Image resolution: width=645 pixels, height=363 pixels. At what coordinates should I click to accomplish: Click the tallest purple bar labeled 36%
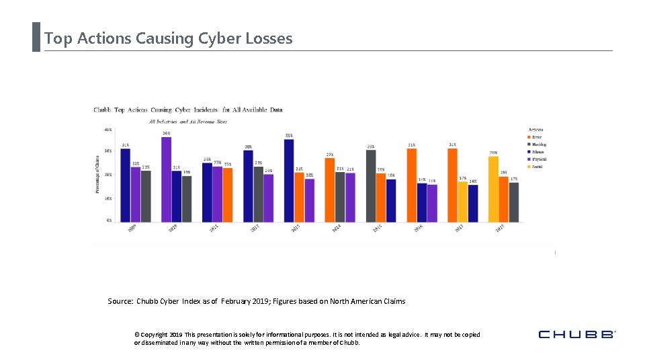pyautogui.click(x=166, y=179)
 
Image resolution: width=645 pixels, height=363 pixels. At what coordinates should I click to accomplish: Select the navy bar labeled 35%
pyautogui.click(x=289, y=181)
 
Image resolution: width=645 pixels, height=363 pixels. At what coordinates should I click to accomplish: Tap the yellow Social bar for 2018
pyautogui.click(x=493, y=189)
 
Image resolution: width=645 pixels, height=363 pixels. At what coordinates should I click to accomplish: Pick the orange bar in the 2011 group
pyautogui.click(x=228, y=195)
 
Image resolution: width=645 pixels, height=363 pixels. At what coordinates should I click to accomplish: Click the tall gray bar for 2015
pyautogui.click(x=371, y=186)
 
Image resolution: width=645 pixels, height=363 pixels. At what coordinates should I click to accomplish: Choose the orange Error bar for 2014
pyautogui.click(x=329, y=190)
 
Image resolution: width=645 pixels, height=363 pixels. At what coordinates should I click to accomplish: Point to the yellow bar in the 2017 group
pyautogui.click(x=463, y=202)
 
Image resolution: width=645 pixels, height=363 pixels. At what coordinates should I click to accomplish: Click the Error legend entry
pyautogui.click(x=538, y=137)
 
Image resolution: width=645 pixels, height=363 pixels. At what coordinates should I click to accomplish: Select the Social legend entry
pyautogui.click(x=538, y=167)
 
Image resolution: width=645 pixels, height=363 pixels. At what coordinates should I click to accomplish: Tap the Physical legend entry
pyautogui.click(x=540, y=159)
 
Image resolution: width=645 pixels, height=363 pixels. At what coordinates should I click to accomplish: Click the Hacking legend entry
pyautogui.click(x=540, y=145)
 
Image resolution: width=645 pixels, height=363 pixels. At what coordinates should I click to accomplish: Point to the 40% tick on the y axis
pyautogui.click(x=107, y=129)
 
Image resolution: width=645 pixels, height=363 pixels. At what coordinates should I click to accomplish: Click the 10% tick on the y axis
pyautogui.click(x=107, y=198)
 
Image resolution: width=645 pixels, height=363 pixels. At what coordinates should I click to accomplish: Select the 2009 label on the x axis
pyautogui.click(x=133, y=229)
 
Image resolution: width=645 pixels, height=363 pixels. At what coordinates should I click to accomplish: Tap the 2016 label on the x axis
pyautogui.click(x=418, y=229)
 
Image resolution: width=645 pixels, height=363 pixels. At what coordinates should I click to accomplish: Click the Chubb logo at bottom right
pyautogui.click(x=577, y=334)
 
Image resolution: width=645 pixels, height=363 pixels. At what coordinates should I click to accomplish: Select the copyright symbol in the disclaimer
pyautogui.click(x=136, y=334)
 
